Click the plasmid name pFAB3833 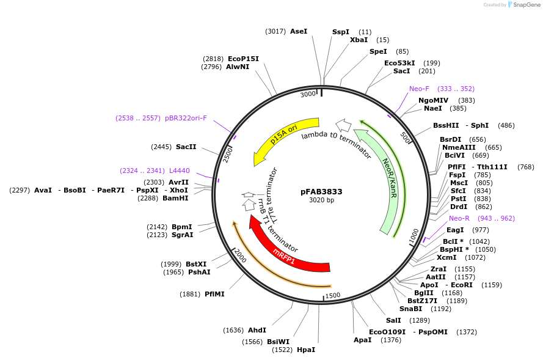(321, 191)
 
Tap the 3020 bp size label (321, 200)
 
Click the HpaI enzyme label (306, 350)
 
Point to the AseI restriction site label (299, 31)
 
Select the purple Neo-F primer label (419, 89)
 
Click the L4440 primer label (180, 171)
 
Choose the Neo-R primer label (459, 218)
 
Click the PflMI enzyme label (214, 294)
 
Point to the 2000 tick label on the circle (239, 257)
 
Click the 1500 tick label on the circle (332, 295)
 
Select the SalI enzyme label (393, 320)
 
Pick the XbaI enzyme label (359, 40)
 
